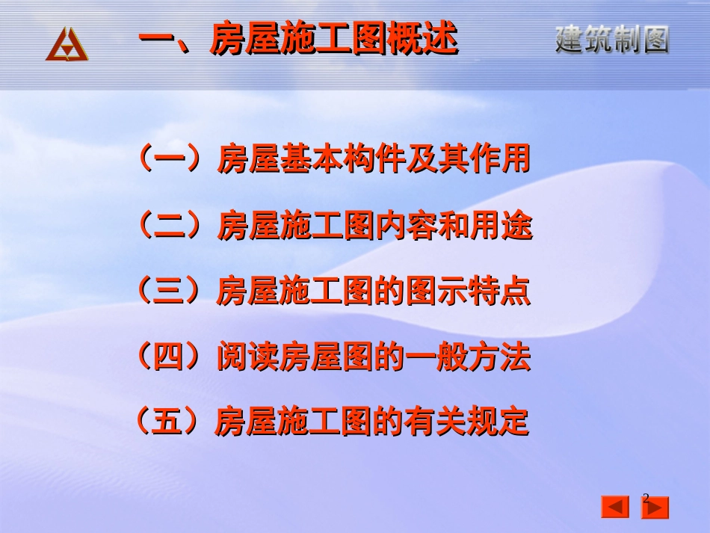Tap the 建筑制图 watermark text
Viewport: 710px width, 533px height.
[x=611, y=39]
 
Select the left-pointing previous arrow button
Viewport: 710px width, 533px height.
[x=615, y=508]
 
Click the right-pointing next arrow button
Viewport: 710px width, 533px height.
[x=655, y=508]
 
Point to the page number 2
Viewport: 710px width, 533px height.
[x=646, y=497]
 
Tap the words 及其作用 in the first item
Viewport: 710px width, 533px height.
[x=469, y=160]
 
